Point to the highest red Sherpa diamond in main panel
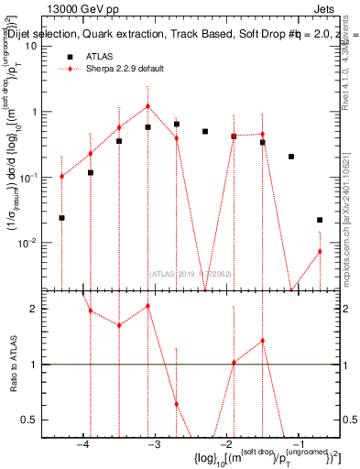tap(147, 106)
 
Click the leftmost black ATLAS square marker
tap(61, 218)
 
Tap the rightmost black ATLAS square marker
tap(320, 220)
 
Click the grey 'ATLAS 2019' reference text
tap(190, 272)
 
